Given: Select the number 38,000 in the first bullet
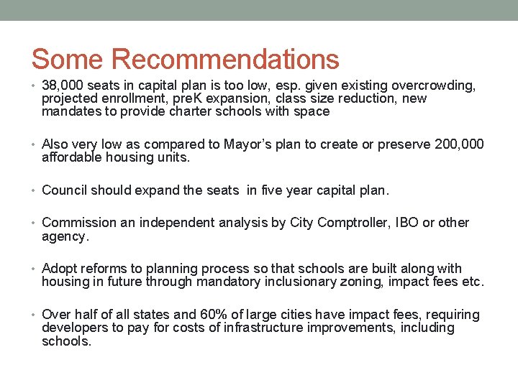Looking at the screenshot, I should (x=65, y=86).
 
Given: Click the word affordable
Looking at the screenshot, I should (x=74, y=157).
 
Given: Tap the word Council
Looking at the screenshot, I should (x=65, y=190).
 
